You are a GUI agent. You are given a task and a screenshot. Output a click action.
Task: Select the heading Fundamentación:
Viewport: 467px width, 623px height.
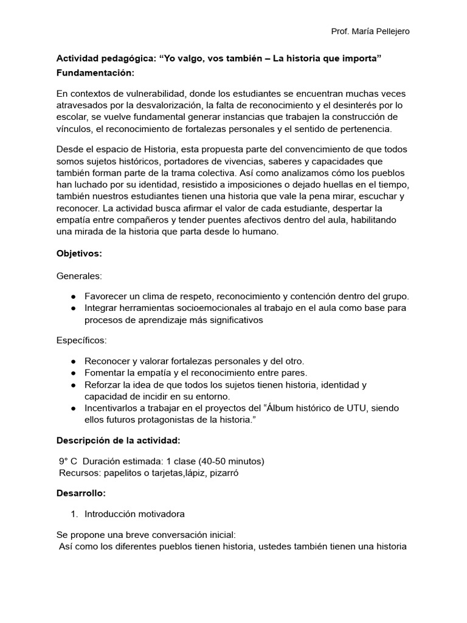coord(95,73)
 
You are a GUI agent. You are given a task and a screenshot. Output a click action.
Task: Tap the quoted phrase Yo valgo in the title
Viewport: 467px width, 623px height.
coord(183,58)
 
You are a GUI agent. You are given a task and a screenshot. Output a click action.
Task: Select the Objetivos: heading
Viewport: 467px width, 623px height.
coord(79,252)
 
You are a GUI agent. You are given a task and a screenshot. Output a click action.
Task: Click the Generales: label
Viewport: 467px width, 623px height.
coord(79,276)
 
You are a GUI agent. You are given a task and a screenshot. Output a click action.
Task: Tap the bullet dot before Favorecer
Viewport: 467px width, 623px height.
coord(73,297)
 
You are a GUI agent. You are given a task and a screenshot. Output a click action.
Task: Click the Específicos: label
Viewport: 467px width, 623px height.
coord(81,341)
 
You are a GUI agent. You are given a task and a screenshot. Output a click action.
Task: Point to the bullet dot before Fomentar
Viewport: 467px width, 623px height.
coord(73,373)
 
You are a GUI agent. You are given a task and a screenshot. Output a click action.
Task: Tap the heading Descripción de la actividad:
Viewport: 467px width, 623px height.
coord(117,440)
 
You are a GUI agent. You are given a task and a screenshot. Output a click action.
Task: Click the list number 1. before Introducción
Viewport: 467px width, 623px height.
coord(74,514)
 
